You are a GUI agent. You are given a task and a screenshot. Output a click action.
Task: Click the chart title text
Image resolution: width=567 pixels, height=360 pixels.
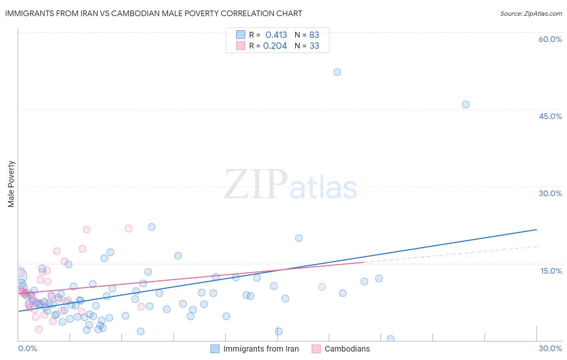(x=153, y=13)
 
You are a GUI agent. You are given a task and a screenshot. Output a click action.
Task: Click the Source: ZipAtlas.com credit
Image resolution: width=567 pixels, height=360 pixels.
(x=531, y=13)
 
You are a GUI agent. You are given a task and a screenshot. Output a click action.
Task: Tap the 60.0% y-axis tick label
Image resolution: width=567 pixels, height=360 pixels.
(x=550, y=39)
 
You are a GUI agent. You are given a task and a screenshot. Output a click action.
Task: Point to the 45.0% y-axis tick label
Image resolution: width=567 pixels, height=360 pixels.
(x=550, y=116)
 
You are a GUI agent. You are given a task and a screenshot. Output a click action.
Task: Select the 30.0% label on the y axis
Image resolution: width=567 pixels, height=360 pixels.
(x=550, y=193)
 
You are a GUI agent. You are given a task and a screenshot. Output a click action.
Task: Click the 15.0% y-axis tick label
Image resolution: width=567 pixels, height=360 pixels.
(x=551, y=271)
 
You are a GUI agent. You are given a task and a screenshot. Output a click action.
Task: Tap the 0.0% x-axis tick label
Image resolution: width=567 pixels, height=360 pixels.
(x=27, y=348)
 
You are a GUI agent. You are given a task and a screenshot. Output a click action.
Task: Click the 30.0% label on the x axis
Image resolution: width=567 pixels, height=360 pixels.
(x=550, y=348)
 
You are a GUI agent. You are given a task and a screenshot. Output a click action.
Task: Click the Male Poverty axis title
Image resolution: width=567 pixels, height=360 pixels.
(x=11, y=184)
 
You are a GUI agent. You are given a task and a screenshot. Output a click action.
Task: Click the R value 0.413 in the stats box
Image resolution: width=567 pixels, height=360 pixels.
(x=276, y=35)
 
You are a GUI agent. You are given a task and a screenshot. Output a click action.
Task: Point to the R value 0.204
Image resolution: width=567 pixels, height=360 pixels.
(x=275, y=46)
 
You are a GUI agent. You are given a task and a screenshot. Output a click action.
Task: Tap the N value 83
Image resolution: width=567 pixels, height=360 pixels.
(x=314, y=35)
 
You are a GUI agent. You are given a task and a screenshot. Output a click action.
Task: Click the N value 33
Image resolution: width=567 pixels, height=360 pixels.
(x=314, y=46)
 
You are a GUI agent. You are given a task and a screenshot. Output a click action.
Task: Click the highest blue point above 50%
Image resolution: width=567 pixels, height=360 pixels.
(x=337, y=72)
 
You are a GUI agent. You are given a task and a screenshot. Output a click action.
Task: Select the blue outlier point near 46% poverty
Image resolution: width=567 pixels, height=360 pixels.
(x=465, y=105)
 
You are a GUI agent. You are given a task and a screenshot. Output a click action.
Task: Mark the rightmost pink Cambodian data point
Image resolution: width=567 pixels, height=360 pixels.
(x=322, y=287)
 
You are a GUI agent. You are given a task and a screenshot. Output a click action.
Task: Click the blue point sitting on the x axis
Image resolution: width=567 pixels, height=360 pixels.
(x=390, y=339)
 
